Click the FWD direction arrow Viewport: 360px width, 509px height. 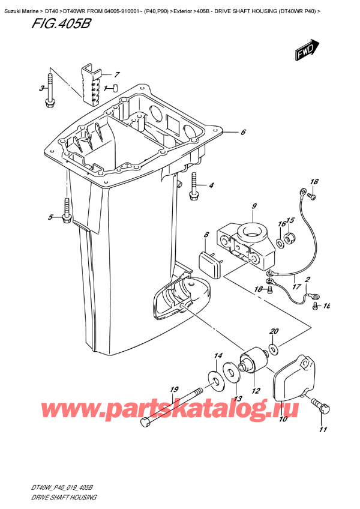click(x=307, y=50)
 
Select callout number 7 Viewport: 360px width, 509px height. click(x=116, y=74)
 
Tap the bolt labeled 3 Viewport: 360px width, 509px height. click(x=50, y=91)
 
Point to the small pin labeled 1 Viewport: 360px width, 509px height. click(x=115, y=88)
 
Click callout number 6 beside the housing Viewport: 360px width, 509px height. click(x=243, y=132)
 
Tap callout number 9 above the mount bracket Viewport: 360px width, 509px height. click(x=254, y=206)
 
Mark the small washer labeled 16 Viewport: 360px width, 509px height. click(x=280, y=242)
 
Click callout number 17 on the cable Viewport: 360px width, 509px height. click(x=296, y=287)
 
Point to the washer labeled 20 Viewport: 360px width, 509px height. click(x=274, y=350)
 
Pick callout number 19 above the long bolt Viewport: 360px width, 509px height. click(x=175, y=388)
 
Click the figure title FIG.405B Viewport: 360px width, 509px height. click(x=61, y=24)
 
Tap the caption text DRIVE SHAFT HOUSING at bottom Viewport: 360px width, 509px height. click(x=64, y=498)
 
